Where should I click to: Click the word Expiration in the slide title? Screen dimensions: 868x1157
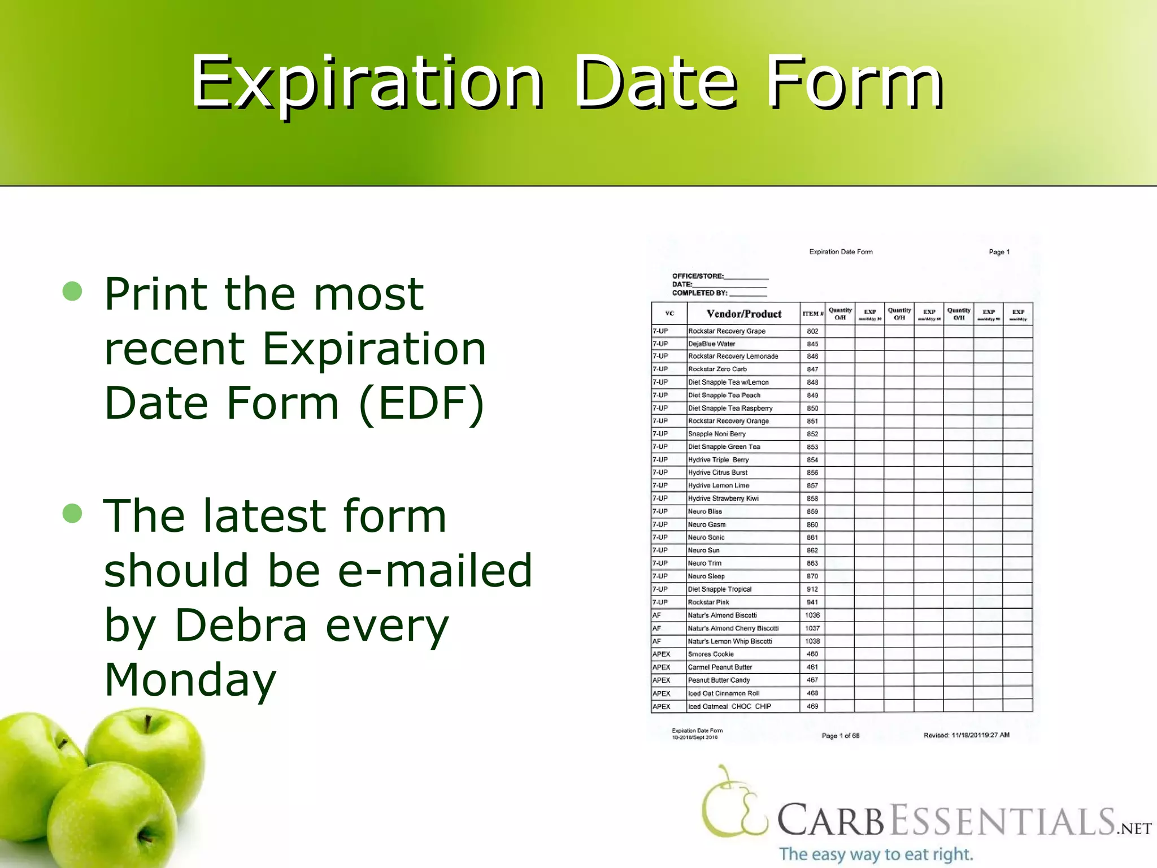(367, 84)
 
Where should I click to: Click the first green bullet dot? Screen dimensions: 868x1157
(73, 291)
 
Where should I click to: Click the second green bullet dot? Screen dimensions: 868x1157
(73, 513)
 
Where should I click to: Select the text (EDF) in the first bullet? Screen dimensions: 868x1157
(421, 402)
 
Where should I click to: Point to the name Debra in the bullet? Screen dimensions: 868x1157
(241, 625)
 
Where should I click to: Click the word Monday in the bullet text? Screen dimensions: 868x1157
(190, 679)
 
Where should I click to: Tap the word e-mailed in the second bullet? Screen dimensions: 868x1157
(434, 570)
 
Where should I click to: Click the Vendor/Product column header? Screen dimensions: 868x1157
(743, 314)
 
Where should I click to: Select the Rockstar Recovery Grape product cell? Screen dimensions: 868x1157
(727, 331)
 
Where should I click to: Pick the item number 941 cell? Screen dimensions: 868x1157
(812, 602)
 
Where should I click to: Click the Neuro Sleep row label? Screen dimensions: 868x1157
(706, 576)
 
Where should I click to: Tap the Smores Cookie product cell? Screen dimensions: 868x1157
(711, 654)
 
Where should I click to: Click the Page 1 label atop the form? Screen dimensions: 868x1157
(999, 252)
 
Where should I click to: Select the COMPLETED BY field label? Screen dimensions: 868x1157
(699, 293)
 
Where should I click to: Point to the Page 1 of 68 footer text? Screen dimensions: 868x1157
(840, 735)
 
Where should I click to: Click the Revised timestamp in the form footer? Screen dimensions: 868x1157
(966, 735)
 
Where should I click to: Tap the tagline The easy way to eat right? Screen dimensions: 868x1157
(876, 854)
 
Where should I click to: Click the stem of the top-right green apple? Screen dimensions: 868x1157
(147, 724)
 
